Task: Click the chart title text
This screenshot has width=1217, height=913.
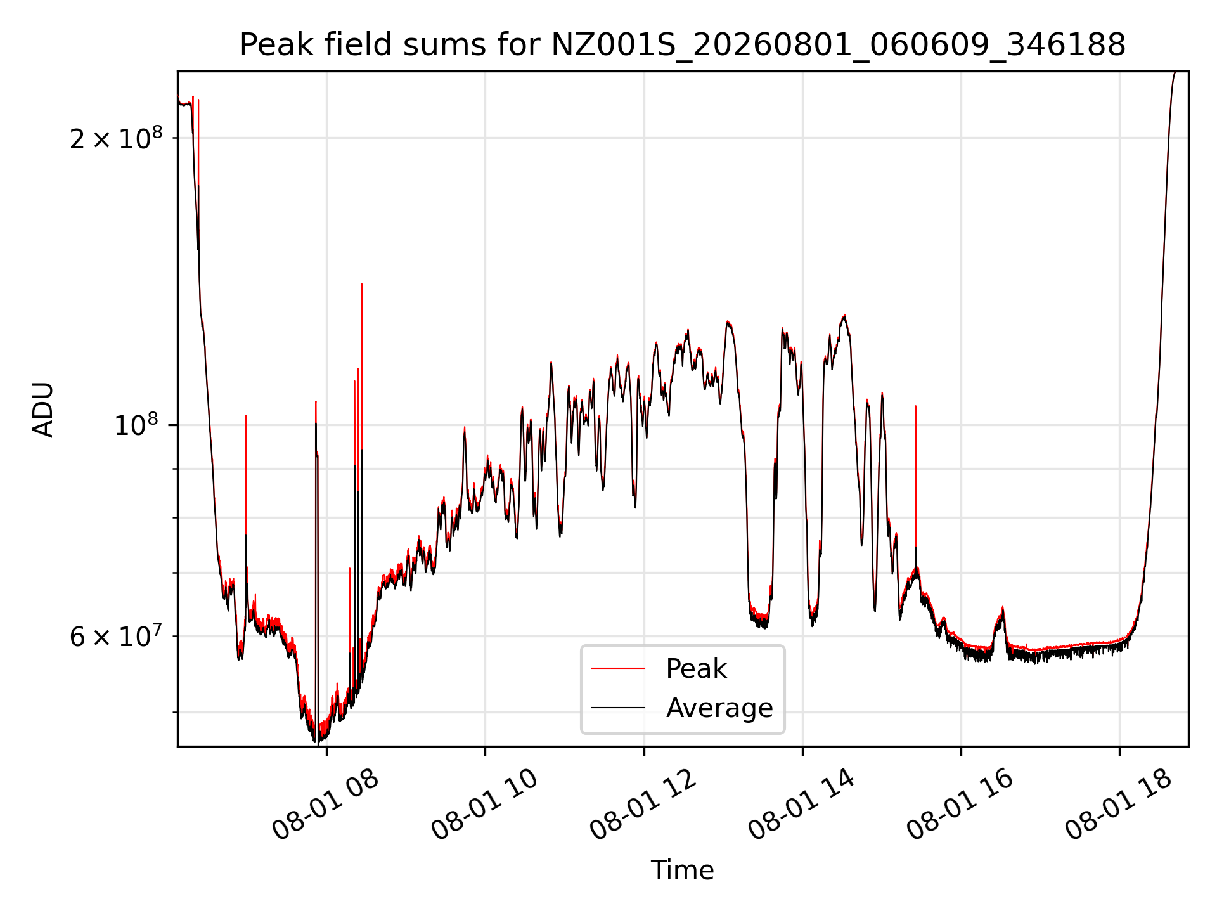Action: click(x=682, y=45)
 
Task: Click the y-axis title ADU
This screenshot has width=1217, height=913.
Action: click(x=43, y=410)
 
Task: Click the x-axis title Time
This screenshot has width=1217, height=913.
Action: click(x=682, y=871)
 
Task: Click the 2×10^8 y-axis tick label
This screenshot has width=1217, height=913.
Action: click(x=116, y=138)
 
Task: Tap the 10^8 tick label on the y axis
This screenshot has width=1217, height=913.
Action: click(x=138, y=425)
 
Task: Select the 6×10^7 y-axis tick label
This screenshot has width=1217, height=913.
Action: click(x=116, y=636)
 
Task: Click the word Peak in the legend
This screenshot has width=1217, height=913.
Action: click(x=696, y=669)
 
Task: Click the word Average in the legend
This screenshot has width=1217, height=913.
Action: click(x=719, y=708)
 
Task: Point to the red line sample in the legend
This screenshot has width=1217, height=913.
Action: click(x=618, y=668)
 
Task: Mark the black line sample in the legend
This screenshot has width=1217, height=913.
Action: click(x=618, y=708)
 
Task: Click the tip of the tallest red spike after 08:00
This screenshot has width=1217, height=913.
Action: click(x=361, y=284)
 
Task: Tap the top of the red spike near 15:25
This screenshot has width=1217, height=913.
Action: click(x=915, y=406)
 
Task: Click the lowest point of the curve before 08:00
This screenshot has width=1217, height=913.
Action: click(x=315, y=742)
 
